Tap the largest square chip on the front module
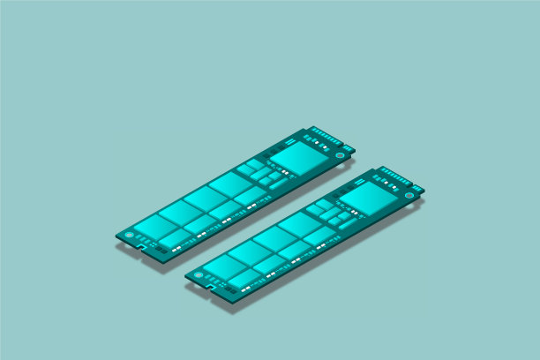tap(364, 199)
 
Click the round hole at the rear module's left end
tap(129, 236)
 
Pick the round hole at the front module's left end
tap(198, 275)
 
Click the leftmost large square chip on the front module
tap(225, 263)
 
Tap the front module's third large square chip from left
tap(275, 237)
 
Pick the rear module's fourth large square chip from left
tap(231, 184)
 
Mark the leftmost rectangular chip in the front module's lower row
tap(243, 278)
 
